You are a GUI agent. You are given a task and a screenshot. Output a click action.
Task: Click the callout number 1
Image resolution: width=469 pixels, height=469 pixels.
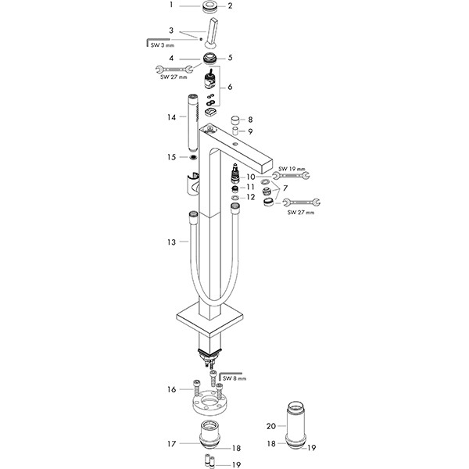tap(171, 6)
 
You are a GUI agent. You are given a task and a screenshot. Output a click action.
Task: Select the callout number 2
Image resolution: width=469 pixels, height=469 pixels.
tap(230, 6)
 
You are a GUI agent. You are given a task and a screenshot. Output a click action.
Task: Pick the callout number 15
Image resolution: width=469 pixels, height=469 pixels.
tap(171, 157)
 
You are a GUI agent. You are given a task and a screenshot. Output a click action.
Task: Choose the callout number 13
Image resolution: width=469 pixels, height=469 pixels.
tap(171, 242)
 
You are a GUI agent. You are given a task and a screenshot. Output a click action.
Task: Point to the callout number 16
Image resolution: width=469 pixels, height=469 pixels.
tap(171, 388)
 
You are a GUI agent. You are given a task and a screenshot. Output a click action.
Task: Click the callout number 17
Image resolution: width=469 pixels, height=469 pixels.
tap(171, 443)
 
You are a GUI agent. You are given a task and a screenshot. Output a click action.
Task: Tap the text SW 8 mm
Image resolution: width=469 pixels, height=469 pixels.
tap(234, 378)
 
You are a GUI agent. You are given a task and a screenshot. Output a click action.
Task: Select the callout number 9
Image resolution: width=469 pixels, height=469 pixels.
tap(249, 131)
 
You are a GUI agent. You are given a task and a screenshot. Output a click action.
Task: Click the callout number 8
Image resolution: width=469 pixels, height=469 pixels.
tap(249, 120)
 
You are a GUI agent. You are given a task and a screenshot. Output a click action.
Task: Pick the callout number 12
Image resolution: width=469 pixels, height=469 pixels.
tap(250, 198)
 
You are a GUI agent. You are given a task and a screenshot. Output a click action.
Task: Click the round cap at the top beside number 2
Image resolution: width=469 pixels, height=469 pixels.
tap(209, 8)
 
